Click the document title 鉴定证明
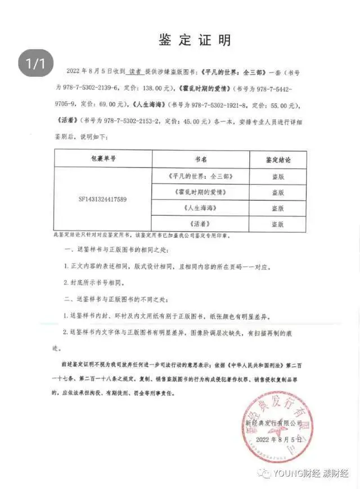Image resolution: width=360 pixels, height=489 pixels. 194,40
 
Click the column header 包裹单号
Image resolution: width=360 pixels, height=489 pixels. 102,160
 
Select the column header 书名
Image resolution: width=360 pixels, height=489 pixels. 201,160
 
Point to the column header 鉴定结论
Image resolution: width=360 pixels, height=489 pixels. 278,160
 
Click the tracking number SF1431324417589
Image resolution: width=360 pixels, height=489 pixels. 102,199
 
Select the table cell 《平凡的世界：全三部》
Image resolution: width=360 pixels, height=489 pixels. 201,176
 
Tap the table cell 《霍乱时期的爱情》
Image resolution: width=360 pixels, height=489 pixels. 201,192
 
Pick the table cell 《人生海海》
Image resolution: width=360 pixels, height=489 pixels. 201,207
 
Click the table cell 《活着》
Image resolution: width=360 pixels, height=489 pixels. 201,223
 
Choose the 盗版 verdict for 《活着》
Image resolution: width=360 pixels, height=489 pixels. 278,223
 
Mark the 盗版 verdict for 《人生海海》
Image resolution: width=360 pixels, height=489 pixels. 278,207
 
